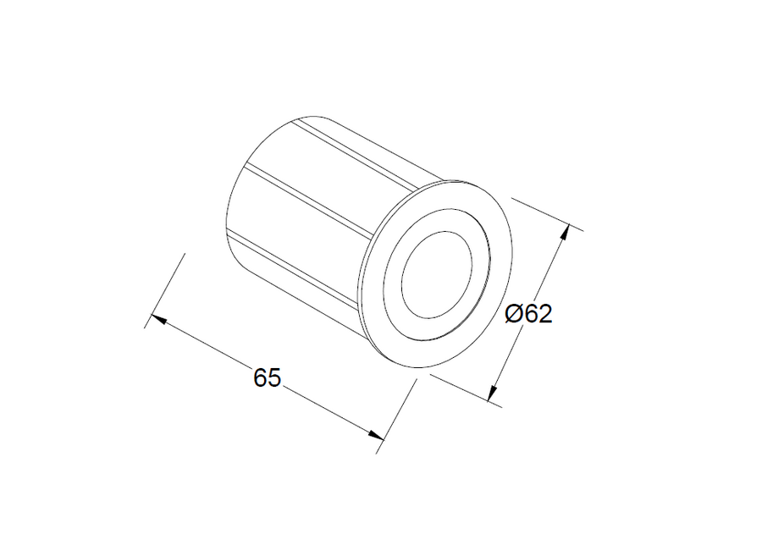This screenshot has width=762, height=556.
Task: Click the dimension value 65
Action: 267,378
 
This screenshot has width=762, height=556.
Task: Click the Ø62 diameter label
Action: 528,314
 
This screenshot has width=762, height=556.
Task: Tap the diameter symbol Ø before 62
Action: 513,314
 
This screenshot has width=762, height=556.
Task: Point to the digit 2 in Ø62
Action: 544,314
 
